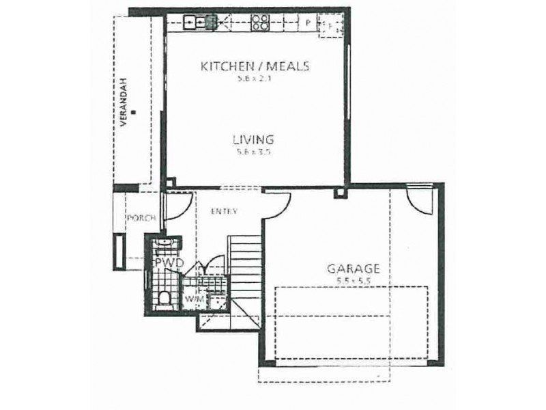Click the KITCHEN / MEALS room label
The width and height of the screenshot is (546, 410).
pyautogui.click(x=255, y=66)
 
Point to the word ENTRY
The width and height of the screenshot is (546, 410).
pyautogui.click(x=224, y=212)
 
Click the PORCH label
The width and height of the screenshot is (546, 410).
pyautogui.click(x=141, y=218)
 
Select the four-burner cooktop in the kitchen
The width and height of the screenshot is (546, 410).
pyautogui.click(x=259, y=22)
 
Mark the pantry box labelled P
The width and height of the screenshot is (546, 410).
pyautogui.click(x=308, y=23)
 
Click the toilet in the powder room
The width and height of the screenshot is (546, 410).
pyautogui.click(x=163, y=299)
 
